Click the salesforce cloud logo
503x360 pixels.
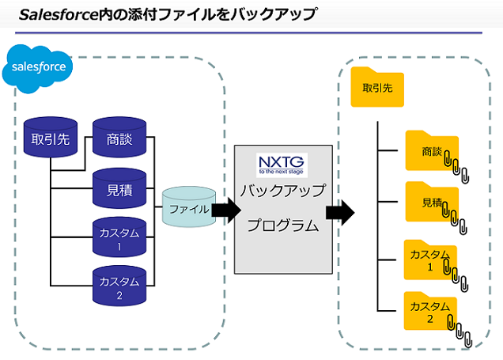pos(37,69)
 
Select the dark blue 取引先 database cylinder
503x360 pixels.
pos(51,138)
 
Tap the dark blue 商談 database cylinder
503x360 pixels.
pos(119,138)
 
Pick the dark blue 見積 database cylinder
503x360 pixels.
pos(119,188)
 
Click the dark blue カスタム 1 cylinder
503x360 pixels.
pos(119,237)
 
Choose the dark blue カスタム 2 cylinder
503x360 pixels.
pos(119,286)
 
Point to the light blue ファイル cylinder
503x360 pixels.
pos(189,207)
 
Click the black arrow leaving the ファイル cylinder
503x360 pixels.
pos(226,210)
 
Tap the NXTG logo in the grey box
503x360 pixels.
pos(282,165)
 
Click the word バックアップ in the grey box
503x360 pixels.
pos(283,190)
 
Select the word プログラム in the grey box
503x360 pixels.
pos(283,225)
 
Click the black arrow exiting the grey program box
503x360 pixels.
pos(340,212)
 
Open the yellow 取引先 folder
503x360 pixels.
pos(377,87)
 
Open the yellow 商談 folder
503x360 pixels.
pos(432,151)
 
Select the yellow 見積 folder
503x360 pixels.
pos(432,202)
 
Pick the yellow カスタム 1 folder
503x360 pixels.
pos(430,260)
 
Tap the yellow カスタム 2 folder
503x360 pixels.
pos(430,311)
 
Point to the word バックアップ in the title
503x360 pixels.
pos(275,15)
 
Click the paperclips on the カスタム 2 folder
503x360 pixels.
pos(460,331)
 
